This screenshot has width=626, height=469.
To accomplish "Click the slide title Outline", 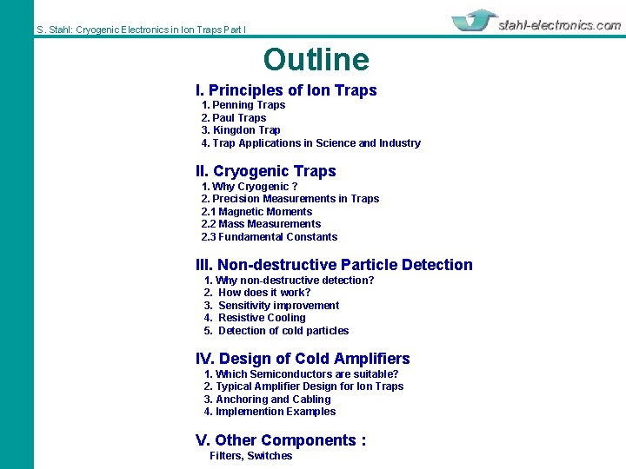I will [316, 60].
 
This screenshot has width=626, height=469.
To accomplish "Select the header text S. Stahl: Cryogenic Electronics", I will [141, 30].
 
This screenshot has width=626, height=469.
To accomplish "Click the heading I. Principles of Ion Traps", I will [286, 90].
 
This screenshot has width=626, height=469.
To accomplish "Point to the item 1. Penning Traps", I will [243, 105].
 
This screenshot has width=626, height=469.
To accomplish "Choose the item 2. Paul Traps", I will [234, 118].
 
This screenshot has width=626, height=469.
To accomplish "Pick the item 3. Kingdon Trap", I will [241, 130].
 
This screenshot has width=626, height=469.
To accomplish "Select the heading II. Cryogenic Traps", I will [265, 171].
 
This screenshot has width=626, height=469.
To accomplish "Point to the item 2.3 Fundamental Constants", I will [270, 237].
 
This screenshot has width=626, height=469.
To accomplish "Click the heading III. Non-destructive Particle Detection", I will [334, 265].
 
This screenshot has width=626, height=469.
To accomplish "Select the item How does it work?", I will [264, 293].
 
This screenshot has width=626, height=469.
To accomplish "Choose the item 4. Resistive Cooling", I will [256, 318].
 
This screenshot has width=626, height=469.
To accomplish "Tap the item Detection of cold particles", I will [283, 331].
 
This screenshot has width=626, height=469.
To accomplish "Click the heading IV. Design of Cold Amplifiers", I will [303, 359].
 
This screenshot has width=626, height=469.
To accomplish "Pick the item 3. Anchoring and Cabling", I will [268, 400].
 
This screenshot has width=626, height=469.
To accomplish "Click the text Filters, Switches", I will [250, 456].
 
